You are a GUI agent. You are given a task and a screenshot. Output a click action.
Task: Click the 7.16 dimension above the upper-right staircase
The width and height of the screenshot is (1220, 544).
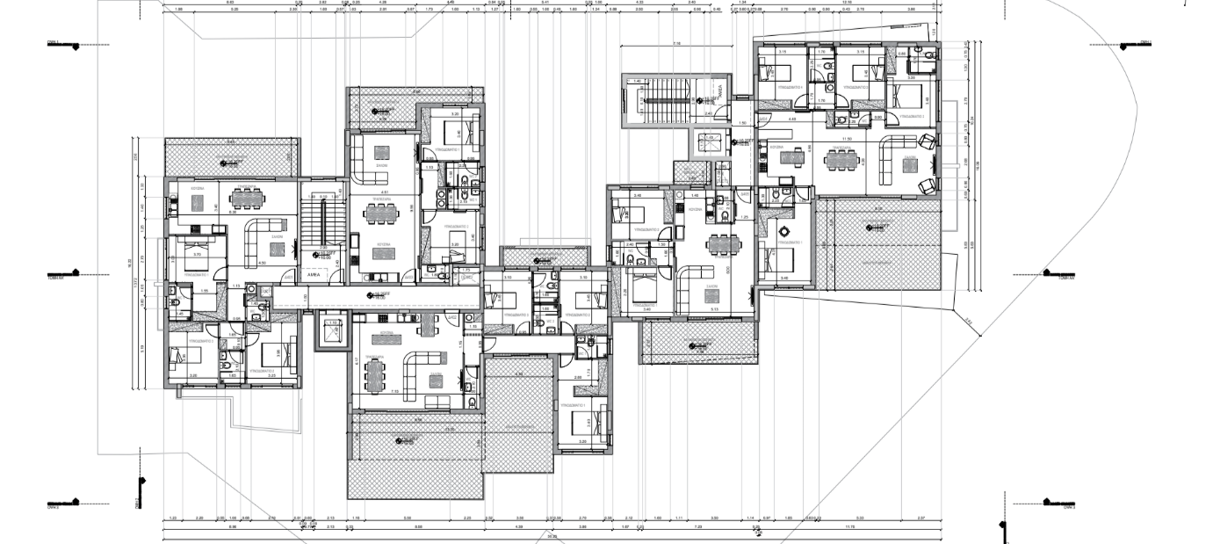pos(676,42)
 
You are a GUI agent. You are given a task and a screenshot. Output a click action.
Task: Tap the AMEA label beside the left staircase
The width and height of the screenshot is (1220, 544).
pos(312,275)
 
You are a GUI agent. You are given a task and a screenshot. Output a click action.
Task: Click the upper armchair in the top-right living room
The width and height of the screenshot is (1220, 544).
pos(927,141)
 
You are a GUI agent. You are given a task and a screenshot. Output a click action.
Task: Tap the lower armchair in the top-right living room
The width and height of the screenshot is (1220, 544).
pos(927,185)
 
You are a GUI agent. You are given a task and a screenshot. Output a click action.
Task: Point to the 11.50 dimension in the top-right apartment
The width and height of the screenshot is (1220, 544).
pos(848,139)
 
